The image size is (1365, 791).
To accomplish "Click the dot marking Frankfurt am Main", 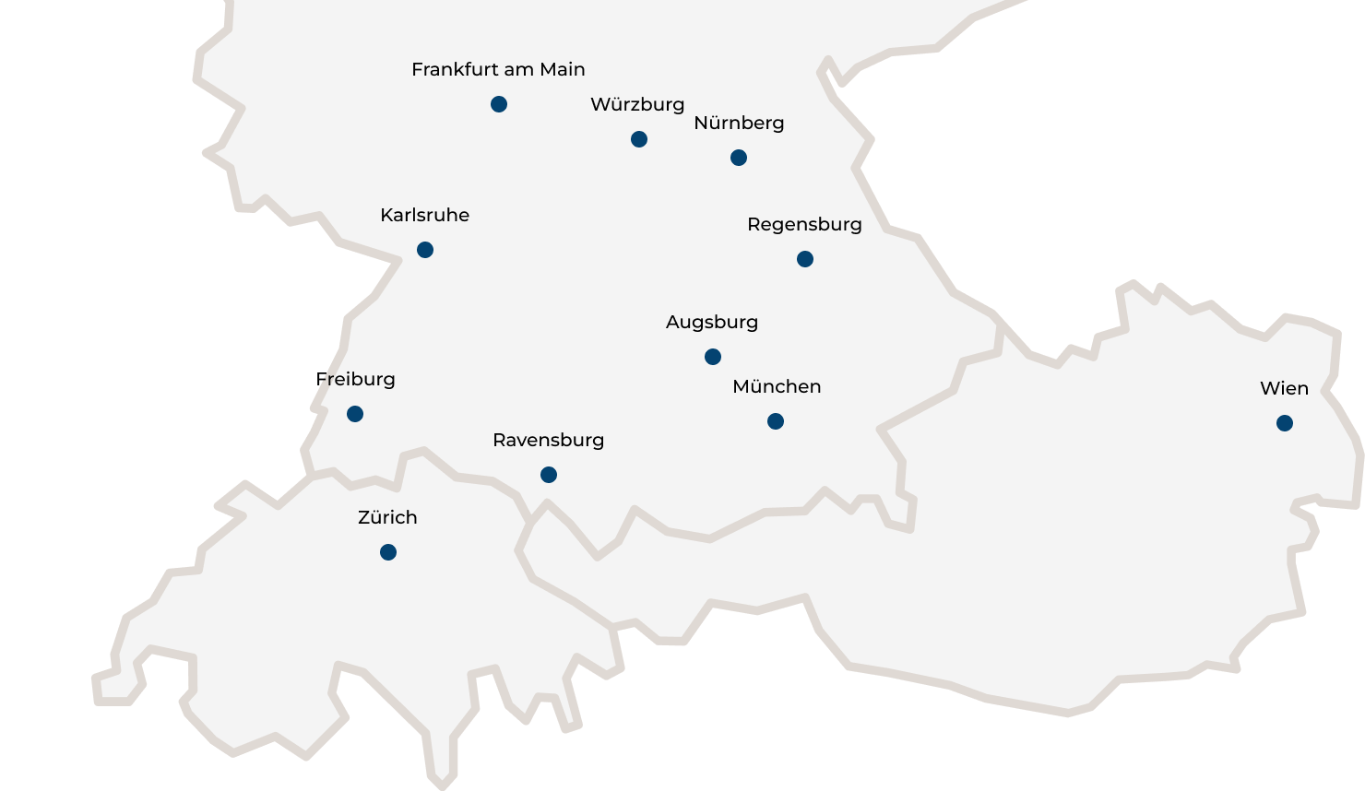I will pos(499,104).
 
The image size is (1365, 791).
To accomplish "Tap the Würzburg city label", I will pos(637,104).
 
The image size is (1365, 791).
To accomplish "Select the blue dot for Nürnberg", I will pos(739,158).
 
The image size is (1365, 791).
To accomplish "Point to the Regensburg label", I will pos(804,224).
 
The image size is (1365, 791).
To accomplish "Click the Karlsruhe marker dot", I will pos(425,250).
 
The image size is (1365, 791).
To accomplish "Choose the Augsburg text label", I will pos(712,322).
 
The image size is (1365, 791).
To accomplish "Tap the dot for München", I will pos(776,421).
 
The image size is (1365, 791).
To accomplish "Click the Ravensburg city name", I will pos(549,440).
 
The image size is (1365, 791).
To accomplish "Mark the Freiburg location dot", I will pos(355,414).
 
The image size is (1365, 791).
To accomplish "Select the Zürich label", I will pos(387,517).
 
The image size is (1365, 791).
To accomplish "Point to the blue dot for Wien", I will pos(1285,423).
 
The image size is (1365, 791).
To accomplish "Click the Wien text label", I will pos(1284,388).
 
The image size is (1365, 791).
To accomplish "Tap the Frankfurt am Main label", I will pos(498,69).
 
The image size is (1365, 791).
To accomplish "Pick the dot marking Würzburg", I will pos(639,139).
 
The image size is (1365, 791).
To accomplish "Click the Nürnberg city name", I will pos(739,123).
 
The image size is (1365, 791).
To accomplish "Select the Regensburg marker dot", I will pos(805,259).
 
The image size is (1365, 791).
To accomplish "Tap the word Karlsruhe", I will pos(424,215).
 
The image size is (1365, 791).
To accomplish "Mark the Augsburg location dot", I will pos(713,357).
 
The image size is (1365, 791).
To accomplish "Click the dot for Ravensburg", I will pos(549,475).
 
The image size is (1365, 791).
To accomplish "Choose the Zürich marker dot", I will pos(388,552).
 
